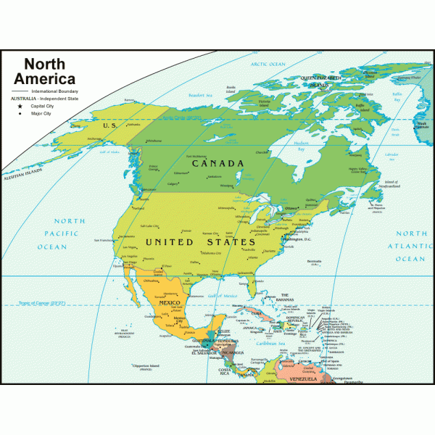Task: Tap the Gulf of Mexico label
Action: point(223,296)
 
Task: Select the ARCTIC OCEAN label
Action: point(269,64)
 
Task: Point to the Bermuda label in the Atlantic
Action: point(315,260)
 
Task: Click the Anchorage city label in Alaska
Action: point(95,138)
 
